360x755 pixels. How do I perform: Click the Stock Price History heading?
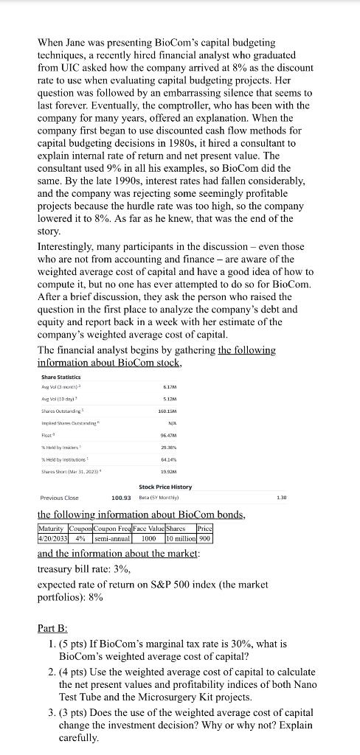coord(165,508)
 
